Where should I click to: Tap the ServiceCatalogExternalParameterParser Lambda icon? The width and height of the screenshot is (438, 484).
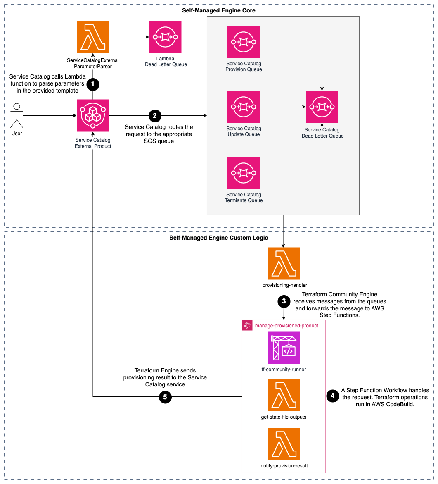(93, 37)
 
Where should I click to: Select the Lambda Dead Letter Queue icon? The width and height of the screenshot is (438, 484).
(166, 37)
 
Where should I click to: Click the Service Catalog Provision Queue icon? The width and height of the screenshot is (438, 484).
(244, 42)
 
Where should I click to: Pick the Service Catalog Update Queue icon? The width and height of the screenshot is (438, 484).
(244, 107)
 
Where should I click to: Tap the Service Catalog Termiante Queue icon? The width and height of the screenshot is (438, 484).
(244, 173)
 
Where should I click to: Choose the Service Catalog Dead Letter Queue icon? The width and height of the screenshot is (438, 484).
(322, 107)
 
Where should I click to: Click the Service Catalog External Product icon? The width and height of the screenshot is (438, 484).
(93, 115)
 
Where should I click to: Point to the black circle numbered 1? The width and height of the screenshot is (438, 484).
(93, 84)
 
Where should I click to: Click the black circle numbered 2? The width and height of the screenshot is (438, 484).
(155, 115)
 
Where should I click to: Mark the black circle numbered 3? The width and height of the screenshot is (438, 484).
(284, 302)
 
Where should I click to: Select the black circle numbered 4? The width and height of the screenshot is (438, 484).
(333, 396)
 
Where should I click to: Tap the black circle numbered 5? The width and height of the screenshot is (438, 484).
(165, 397)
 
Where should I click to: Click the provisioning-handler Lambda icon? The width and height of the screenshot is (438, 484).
(284, 263)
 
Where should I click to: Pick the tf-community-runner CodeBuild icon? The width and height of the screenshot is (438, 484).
(284, 348)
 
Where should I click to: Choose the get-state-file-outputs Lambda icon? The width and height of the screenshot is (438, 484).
(284, 395)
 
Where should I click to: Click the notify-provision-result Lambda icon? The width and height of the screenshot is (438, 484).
(284, 444)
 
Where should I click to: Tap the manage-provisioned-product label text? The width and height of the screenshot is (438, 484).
(286, 326)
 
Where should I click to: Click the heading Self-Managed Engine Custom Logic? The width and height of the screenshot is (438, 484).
(219, 238)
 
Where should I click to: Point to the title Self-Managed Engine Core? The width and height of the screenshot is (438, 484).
(219, 10)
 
